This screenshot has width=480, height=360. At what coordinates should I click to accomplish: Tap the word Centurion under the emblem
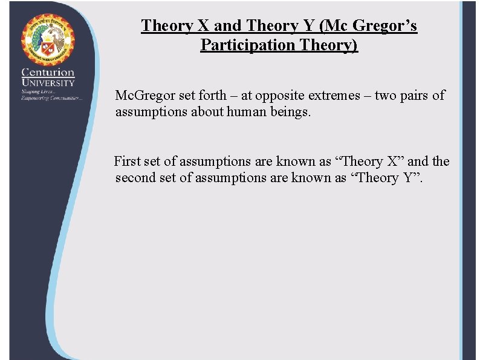pos(48,73)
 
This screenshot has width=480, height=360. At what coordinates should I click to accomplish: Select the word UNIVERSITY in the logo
pos(48,83)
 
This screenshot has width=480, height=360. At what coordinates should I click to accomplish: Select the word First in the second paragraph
pos(126,162)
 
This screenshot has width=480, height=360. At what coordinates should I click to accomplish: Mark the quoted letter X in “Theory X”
pos(394,162)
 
